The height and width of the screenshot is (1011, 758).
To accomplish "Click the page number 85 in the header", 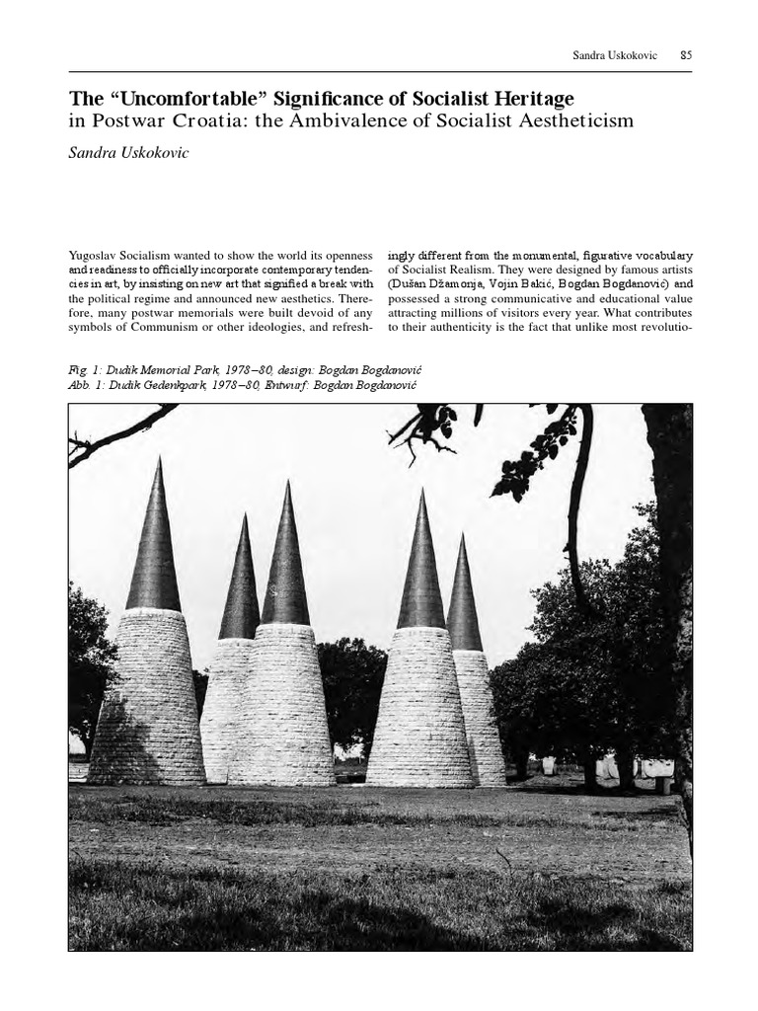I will (x=686, y=55).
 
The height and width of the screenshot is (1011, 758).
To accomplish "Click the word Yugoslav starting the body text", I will (x=95, y=254).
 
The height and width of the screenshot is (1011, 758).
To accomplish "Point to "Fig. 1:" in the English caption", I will (x=86, y=368).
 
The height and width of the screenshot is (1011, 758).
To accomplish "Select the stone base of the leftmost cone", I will (x=147, y=701).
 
